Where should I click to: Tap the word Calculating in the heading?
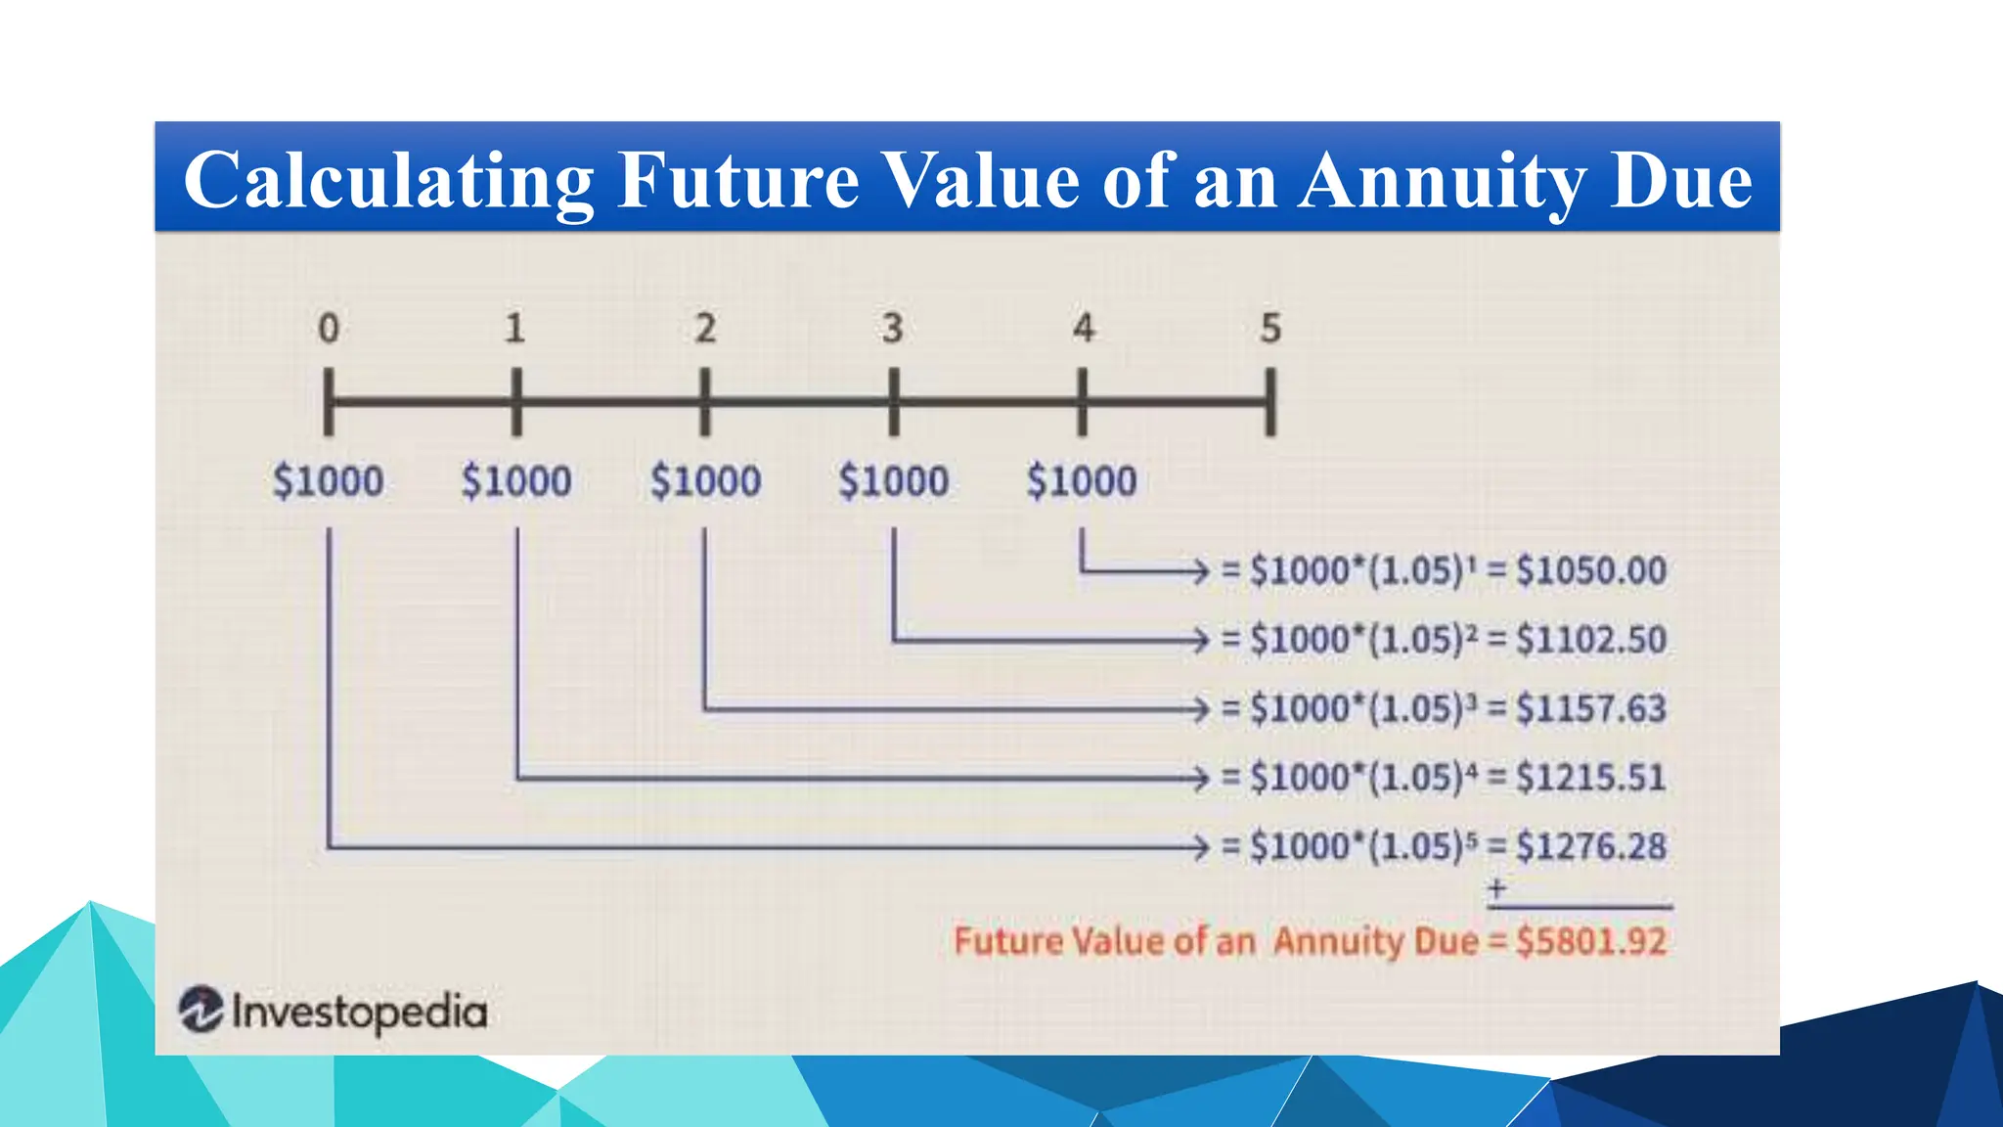(388, 181)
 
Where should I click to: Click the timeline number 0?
(330, 329)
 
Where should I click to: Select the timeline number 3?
(892, 329)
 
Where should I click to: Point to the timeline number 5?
(1269, 329)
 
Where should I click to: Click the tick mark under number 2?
(705, 402)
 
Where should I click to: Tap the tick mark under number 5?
(1269, 402)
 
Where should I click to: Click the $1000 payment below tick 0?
(329, 481)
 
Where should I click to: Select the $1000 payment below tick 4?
(1082, 481)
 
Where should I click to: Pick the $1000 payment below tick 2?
(705, 481)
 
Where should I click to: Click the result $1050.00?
(1591, 570)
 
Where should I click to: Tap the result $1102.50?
(1591, 640)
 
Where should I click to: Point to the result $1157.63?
(1591, 708)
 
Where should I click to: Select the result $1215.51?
(1591, 778)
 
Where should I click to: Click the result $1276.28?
(1591, 846)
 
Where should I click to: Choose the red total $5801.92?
(1591, 941)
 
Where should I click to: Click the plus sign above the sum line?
(1496, 889)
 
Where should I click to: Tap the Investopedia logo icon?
(201, 1010)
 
